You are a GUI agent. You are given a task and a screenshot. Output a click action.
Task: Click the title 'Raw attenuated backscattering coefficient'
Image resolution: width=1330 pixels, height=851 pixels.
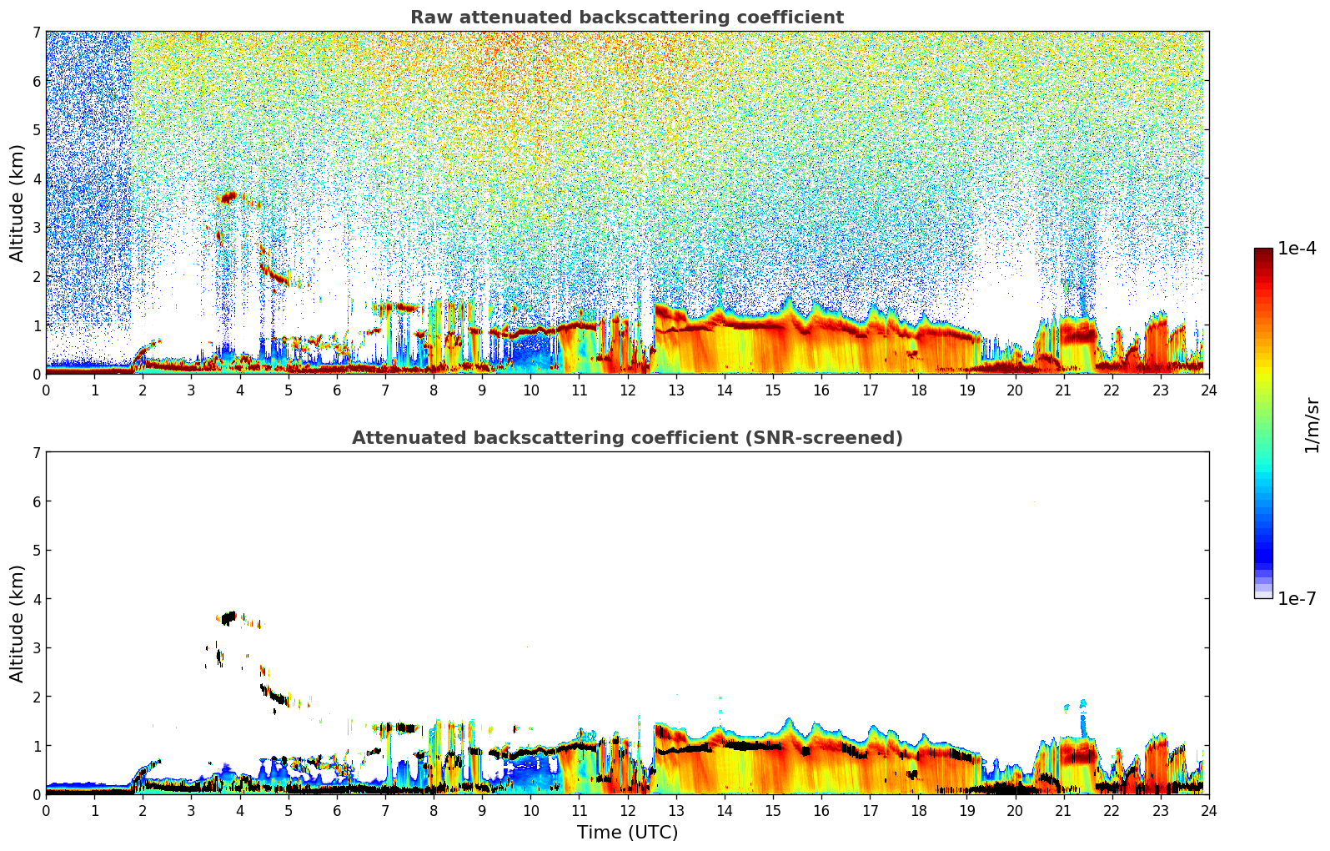(626, 18)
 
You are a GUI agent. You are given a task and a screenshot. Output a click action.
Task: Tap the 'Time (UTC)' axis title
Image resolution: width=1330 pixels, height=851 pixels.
(627, 832)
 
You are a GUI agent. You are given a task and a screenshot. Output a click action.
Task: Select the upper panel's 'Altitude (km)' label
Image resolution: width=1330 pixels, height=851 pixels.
(18, 203)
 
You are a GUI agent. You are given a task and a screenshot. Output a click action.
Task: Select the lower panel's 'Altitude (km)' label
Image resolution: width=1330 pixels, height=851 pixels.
(18, 623)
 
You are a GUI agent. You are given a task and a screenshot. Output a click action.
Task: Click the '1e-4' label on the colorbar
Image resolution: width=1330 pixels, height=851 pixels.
(1296, 249)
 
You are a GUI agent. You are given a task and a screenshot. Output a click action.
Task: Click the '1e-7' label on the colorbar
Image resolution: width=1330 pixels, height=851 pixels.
(1296, 599)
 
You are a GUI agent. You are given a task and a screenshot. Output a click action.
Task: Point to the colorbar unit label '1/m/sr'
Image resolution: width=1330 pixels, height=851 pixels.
(1312, 424)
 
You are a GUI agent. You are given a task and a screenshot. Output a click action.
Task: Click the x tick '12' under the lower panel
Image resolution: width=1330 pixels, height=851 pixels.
(627, 810)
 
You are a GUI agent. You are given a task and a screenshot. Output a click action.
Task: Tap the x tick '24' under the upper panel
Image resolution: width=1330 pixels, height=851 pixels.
(1208, 390)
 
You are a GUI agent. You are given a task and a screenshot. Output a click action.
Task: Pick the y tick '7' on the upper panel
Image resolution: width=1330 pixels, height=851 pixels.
(36, 33)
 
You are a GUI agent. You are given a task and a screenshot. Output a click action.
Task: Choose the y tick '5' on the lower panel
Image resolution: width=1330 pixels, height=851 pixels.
(36, 551)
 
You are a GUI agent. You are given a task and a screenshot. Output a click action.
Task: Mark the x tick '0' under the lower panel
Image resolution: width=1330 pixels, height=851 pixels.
(46, 810)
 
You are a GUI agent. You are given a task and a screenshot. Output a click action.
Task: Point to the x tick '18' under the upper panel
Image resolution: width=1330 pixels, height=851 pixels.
(918, 390)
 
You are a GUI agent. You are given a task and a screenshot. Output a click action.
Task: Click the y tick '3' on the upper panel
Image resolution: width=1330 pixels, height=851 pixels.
(36, 228)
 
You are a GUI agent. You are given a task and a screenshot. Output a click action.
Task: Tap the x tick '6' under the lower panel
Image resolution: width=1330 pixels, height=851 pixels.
(337, 810)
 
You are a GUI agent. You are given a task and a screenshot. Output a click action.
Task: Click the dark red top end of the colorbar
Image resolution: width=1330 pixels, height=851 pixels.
(1263, 253)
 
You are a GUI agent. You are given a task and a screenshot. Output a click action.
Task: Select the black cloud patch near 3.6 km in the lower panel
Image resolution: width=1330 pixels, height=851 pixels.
(228, 618)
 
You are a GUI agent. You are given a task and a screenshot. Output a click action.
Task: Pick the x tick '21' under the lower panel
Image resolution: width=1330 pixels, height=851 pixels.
(1063, 810)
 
